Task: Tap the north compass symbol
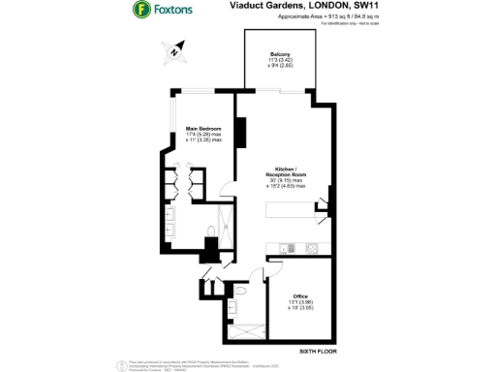click(x=174, y=50)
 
